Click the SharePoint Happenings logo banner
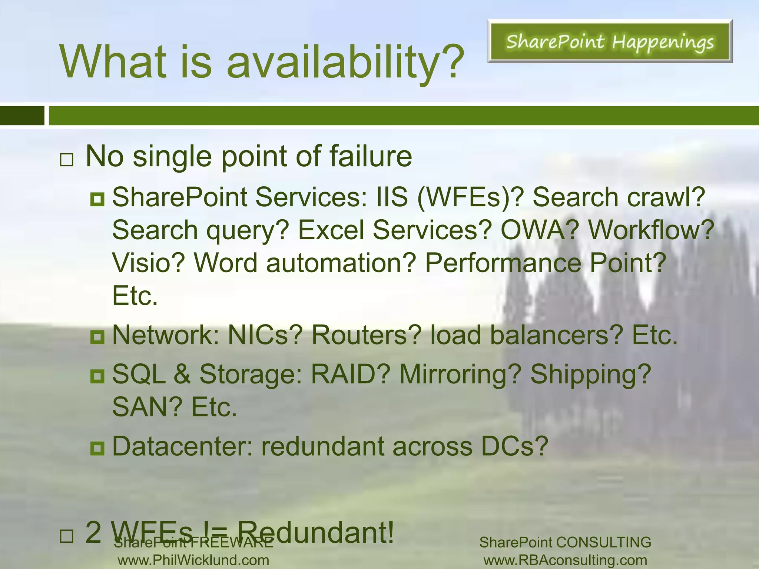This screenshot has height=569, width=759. tap(610, 41)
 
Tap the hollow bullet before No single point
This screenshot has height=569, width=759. tap(66, 160)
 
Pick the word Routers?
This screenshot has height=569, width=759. tap(367, 335)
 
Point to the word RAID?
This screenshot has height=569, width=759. tap(351, 374)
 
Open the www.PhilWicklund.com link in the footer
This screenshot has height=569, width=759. tap(193, 560)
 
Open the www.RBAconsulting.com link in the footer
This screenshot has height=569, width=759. tap(565, 560)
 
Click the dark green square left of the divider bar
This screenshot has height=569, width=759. tap(22, 116)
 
